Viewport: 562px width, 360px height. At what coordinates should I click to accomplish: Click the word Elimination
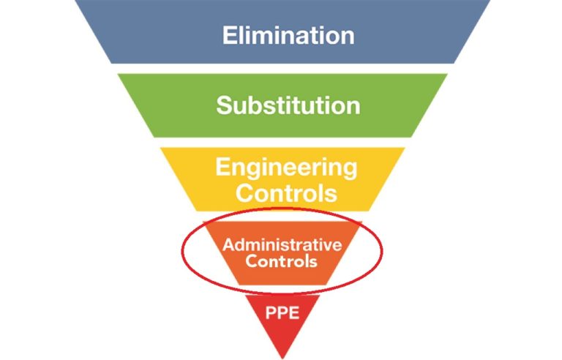[288, 35]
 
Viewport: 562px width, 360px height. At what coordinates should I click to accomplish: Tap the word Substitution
[288, 105]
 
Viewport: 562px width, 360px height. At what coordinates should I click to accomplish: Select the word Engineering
[286, 167]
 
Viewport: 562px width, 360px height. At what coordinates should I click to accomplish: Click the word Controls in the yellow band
[286, 193]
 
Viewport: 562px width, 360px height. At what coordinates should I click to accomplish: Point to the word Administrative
[282, 244]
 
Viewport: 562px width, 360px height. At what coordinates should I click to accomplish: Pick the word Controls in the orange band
[282, 260]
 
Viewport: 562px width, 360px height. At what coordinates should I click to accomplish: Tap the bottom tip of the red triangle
[282, 358]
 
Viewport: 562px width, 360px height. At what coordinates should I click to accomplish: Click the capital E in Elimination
[229, 35]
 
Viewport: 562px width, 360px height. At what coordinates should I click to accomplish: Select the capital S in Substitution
[223, 105]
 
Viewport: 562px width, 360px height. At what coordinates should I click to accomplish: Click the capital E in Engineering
[222, 167]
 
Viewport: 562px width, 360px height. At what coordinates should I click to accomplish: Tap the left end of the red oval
[181, 252]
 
